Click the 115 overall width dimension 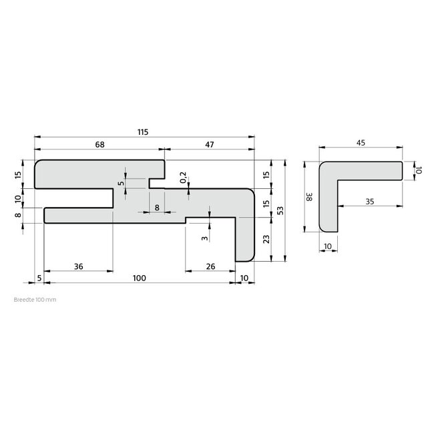[143, 132]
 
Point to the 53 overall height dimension [280, 210]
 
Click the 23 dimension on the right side [267, 240]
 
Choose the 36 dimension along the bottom [78, 266]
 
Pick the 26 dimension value [211, 266]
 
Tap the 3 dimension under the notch [204, 237]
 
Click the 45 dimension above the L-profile [361, 142]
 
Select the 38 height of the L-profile [308, 198]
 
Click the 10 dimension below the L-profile [327, 246]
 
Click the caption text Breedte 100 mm [35, 300]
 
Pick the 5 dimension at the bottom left [39, 277]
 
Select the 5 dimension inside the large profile [121, 183]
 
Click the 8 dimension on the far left [18, 214]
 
